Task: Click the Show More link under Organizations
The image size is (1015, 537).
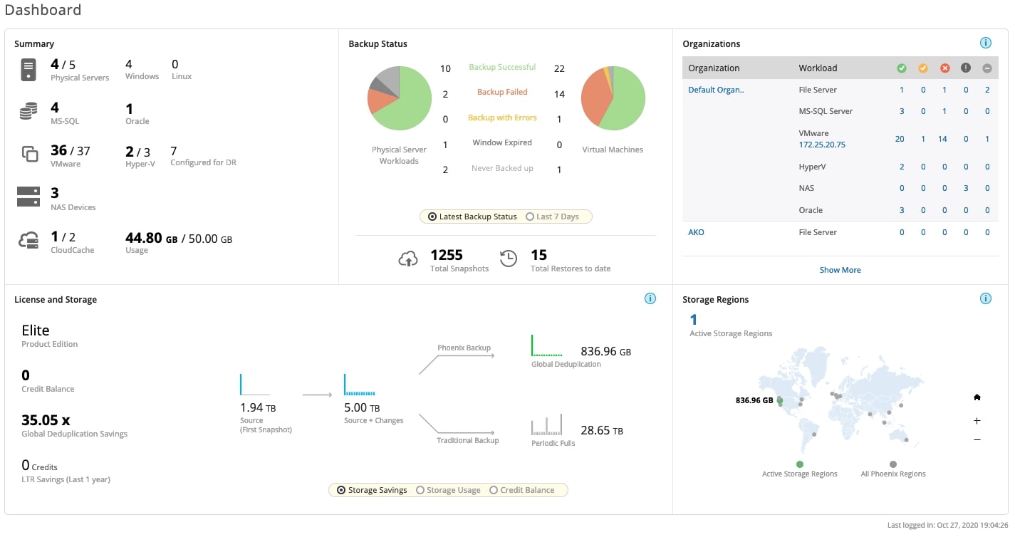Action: pyautogui.click(x=840, y=270)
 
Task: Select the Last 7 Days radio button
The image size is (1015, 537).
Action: pyautogui.click(x=530, y=217)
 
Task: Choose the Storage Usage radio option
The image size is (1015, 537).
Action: pyautogui.click(x=420, y=490)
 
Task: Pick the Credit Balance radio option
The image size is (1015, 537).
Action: pyautogui.click(x=494, y=490)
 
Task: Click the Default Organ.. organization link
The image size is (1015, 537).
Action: pyautogui.click(x=716, y=90)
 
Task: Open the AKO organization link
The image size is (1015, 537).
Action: pyautogui.click(x=696, y=232)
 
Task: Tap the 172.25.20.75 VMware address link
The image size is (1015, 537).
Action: pyautogui.click(x=822, y=145)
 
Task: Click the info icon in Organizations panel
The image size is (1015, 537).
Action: pyautogui.click(x=986, y=43)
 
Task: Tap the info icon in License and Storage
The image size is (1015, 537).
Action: pyautogui.click(x=650, y=298)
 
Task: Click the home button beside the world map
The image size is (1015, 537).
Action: pyautogui.click(x=977, y=397)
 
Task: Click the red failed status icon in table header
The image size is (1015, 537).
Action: pyautogui.click(x=944, y=68)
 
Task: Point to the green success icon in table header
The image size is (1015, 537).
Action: pyautogui.click(x=902, y=68)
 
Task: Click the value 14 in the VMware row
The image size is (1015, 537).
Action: pyautogui.click(x=942, y=139)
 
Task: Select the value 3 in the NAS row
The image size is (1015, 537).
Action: pyautogui.click(x=966, y=188)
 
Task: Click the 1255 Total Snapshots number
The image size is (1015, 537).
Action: pyautogui.click(x=447, y=255)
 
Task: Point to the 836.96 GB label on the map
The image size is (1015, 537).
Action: pyautogui.click(x=754, y=400)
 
